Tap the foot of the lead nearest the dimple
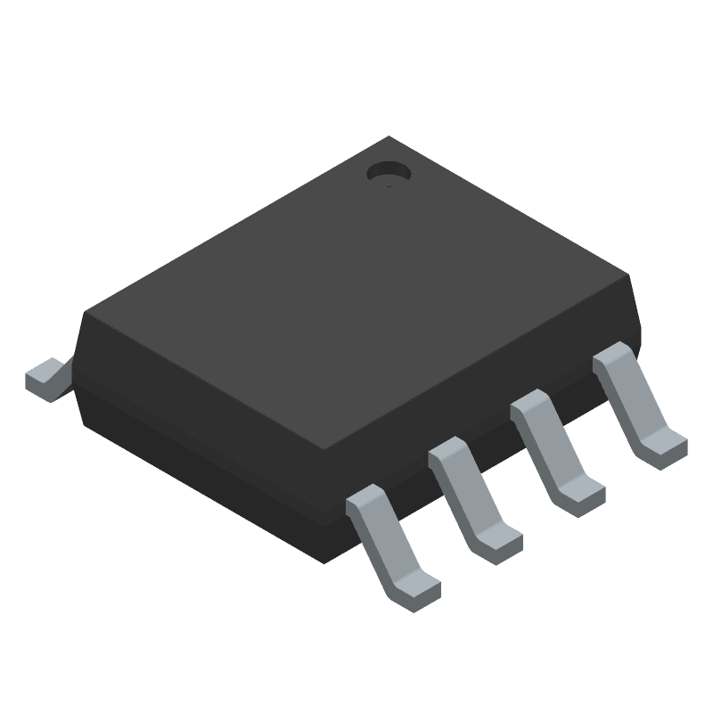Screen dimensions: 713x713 tap(664, 446)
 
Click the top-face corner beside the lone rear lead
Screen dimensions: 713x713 tap(84, 312)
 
